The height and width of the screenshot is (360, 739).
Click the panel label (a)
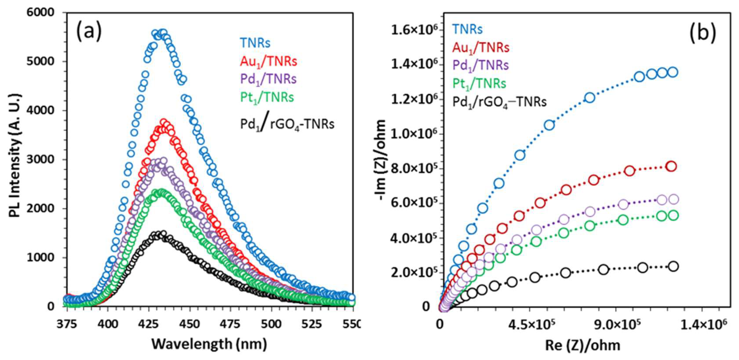(89, 31)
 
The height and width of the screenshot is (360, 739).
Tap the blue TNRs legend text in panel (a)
(255, 43)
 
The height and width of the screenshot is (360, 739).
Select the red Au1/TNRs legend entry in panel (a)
(269, 61)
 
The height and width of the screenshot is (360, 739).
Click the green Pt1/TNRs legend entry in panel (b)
(479, 84)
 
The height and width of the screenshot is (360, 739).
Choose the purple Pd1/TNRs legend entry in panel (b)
(480, 65)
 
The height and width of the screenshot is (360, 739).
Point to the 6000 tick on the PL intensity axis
(40, 12)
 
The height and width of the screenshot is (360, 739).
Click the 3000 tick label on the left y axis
(40, 160)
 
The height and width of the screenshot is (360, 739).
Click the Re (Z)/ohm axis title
(583, 345)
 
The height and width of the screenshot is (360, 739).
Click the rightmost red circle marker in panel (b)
(671, 166)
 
